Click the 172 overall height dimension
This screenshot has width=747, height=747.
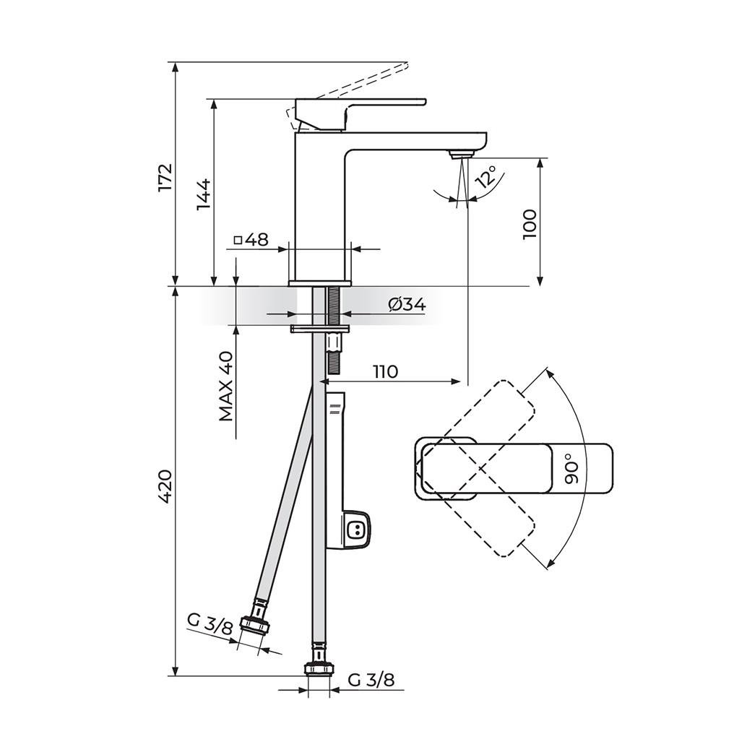click(166, 178)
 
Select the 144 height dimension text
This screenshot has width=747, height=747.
click(204, 194)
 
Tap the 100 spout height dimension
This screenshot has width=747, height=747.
click(529, 225)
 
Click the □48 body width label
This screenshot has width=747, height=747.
click(251, 239)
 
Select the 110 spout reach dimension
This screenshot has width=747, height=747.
click(385, 371)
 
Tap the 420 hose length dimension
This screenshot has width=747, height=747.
click(165, 487)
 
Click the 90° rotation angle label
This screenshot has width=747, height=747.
click(571, 468)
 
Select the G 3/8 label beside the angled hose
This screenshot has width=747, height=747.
click(210, 622)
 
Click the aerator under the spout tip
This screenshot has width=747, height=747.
click(459, 153)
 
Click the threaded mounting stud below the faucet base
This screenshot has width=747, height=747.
click(334, 329)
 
